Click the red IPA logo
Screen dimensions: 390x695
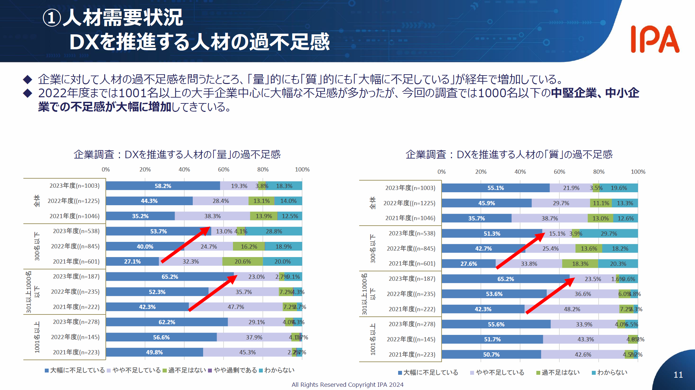coord(655,39)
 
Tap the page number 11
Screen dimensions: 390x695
coord(678,375)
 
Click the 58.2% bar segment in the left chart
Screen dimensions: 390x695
coord(163,186)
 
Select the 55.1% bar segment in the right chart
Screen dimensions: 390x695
coord(495,188)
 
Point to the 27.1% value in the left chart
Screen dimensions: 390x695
coord(132,261)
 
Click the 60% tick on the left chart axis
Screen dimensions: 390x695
coord(224,170)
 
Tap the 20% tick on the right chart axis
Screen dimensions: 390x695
coord(481,172)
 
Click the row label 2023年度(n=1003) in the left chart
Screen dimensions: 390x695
coord(74,186)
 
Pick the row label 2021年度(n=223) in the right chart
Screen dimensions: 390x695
coord(412,354)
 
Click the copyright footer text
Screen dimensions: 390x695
coord(347,384)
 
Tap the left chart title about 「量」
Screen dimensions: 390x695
coord(177,154)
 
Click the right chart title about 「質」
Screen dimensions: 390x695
coord(509,154)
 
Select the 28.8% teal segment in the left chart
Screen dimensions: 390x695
coord(274,231)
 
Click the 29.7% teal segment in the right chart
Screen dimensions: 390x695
coord(609,233)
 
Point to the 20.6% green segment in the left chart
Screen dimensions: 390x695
coord(243,261)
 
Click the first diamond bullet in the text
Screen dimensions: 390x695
coord(28,79)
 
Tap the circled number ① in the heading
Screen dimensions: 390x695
coord(52,18)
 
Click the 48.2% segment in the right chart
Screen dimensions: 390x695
coord(572,309)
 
